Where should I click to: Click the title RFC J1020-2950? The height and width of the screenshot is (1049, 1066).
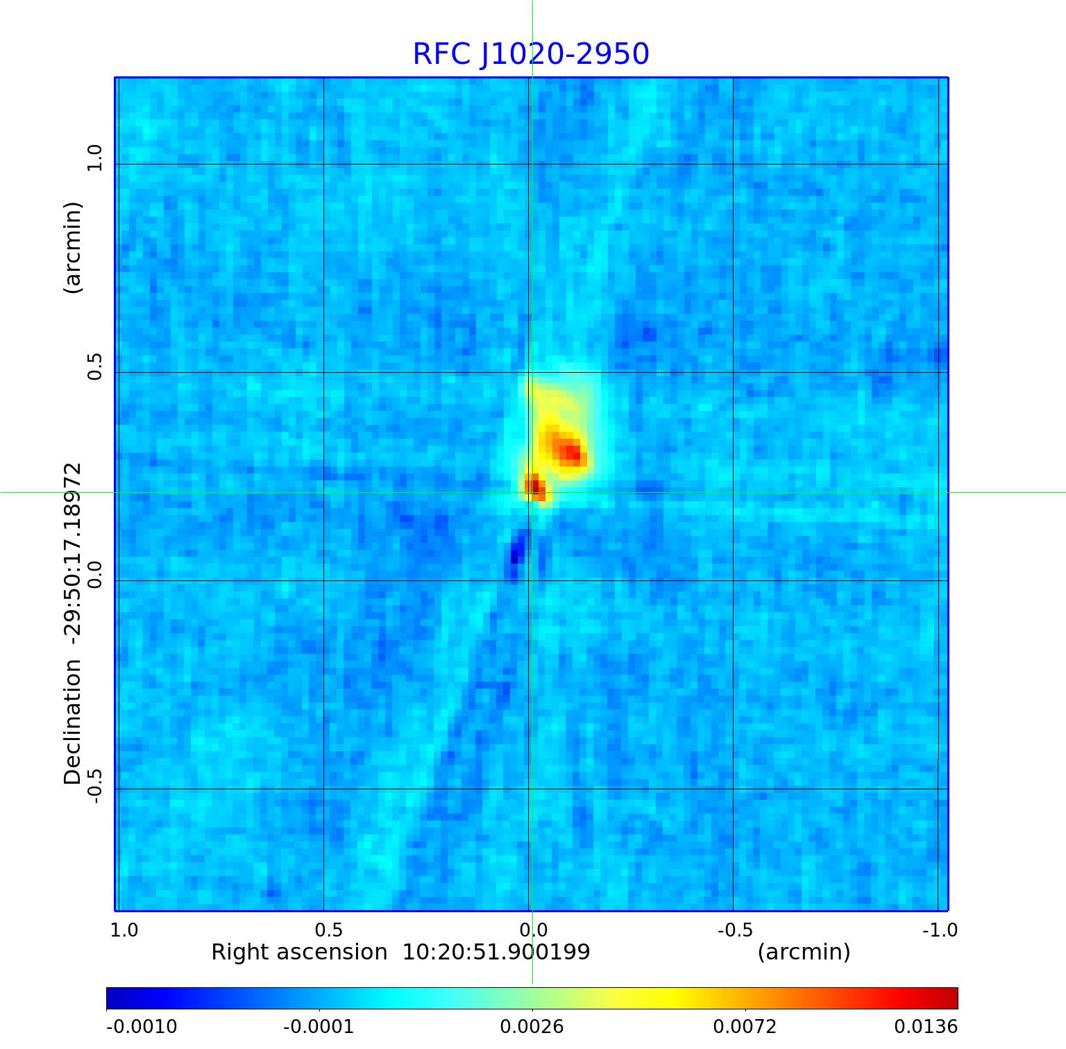coord(531,54)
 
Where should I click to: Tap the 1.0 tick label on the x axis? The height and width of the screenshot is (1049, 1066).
coord(124,930)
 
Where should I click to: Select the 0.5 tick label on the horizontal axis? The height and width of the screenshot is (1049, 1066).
coord(329,930)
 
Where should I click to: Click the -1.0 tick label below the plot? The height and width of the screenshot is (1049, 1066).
coord(940,930)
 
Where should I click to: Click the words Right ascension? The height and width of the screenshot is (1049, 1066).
coord(299,952)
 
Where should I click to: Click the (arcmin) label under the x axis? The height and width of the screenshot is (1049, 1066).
coord(804,952)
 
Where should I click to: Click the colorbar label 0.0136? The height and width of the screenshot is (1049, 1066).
coord(926,1027)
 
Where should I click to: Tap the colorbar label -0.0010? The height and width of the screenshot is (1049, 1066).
coord(142,1027)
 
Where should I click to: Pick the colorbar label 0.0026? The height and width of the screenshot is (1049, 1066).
coord(532,1027)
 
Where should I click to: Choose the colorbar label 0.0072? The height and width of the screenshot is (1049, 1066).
coord(745,1027)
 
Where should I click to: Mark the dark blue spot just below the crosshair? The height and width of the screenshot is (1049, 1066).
coord(515,555)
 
